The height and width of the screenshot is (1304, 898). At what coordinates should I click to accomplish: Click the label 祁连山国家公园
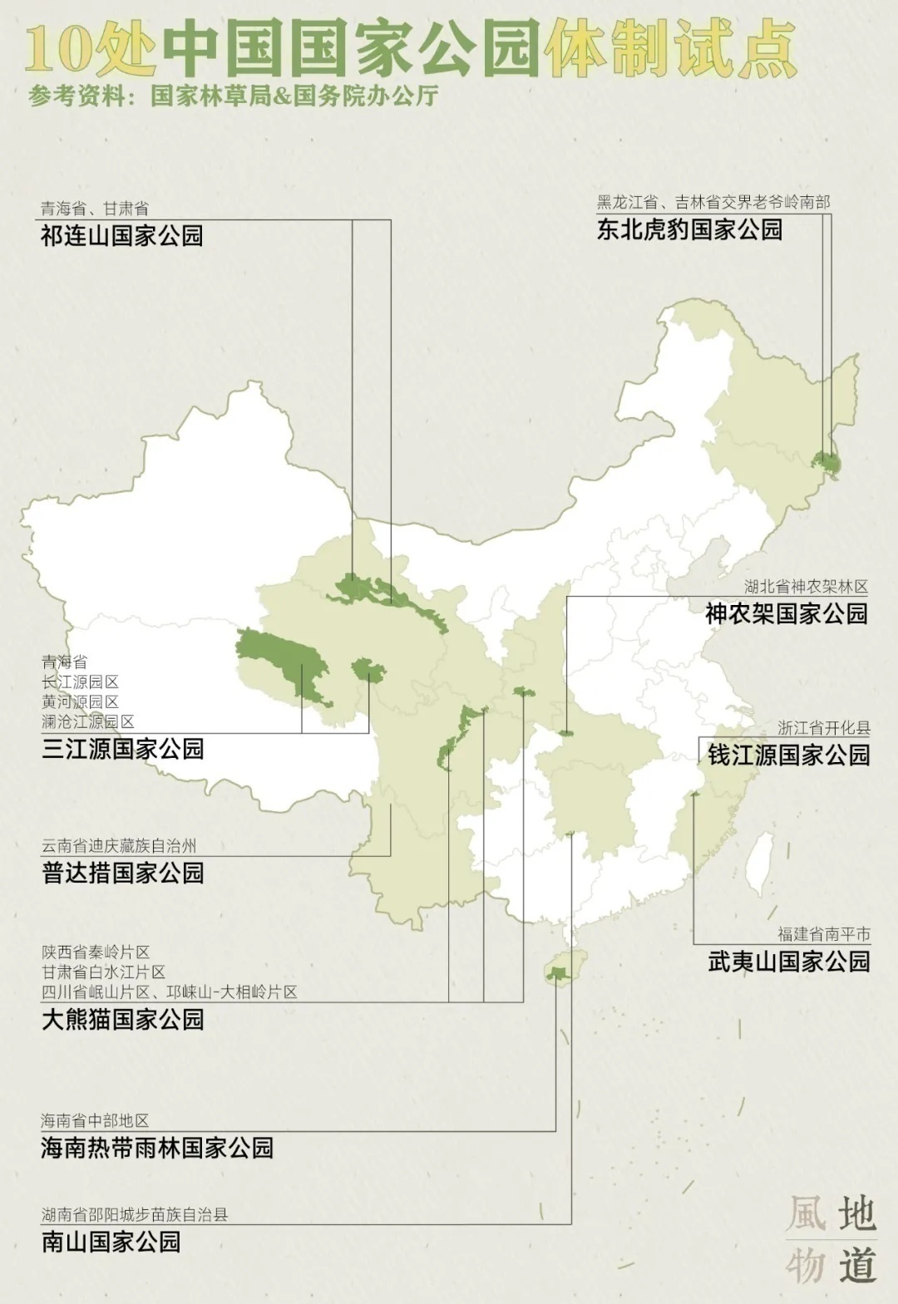coord(121,236)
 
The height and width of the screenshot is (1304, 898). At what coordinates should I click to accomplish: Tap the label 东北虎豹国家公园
coord(689,229)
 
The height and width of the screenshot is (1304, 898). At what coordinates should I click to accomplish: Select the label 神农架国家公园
coord(786,614)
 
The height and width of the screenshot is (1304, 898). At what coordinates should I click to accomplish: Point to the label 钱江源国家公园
coord(788,755)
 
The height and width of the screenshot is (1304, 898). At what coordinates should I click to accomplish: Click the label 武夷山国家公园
coord(788,962)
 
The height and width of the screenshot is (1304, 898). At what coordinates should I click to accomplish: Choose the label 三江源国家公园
coord(122,749)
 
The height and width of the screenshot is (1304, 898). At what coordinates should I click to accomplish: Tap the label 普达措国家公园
coord(122,873)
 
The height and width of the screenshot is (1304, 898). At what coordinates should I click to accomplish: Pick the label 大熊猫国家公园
coord(122,1019)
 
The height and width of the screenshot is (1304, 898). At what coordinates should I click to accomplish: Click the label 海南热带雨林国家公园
coord(157,1148)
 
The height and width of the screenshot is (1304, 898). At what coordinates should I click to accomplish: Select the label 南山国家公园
coord(111,1242)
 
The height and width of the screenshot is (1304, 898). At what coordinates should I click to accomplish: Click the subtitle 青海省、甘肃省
coord(95,209)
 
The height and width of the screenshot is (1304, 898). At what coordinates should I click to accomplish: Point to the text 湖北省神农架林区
coord(806,587)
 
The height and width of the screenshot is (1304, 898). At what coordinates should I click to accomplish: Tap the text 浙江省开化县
coord(823,728)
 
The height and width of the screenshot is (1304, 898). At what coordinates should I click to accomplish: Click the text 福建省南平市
coord(823,934)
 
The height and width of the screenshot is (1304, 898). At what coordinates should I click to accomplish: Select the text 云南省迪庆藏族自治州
coord(119,846)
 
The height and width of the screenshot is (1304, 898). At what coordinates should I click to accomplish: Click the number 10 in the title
coord(58,50)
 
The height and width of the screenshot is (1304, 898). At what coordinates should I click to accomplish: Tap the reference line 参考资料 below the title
coord(233,96)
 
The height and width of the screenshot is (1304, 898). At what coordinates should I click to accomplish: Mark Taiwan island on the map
coord(758,864)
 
